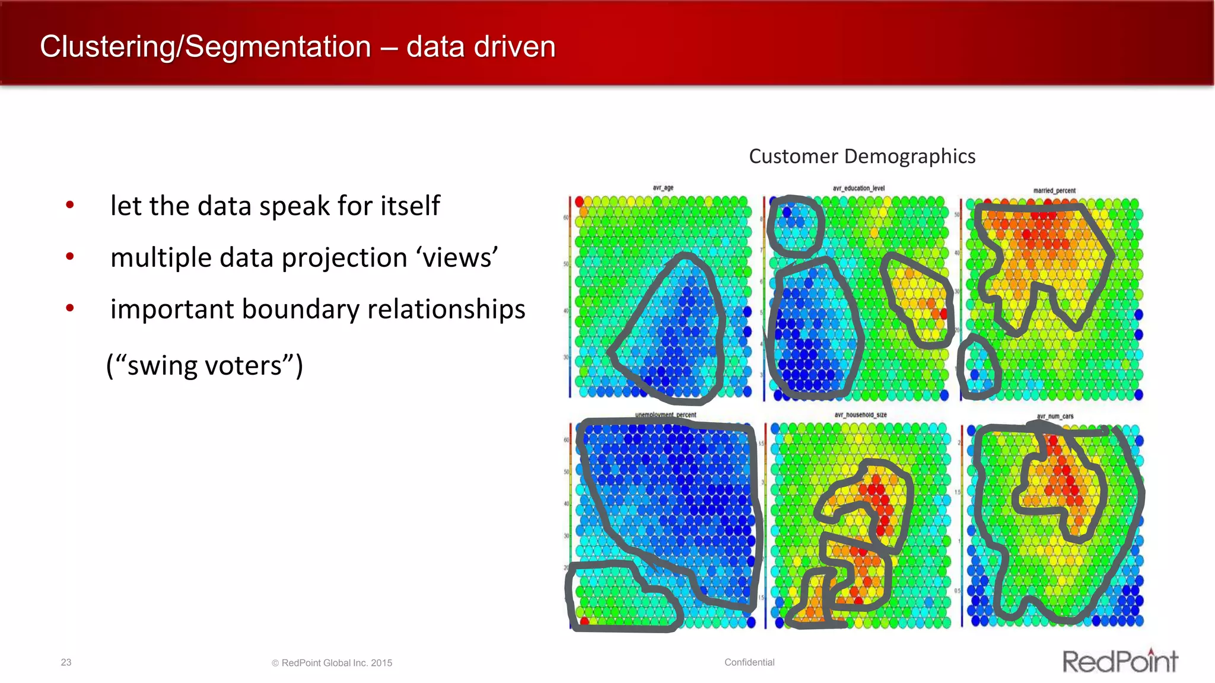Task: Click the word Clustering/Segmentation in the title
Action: pos(205,47)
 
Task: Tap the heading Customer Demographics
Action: pos(862,157)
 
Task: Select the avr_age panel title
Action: pos(663,188)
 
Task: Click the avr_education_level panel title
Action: pos(858,189)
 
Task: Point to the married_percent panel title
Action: pos(1054,191)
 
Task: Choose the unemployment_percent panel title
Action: pos(666,415)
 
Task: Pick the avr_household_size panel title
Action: pos(860,415)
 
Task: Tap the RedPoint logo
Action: pos(1119,661)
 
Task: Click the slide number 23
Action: pos(66,662)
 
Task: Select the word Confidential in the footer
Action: pos(749,662)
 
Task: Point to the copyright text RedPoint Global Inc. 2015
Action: pos(332,663)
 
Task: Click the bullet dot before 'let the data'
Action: pos(70,205)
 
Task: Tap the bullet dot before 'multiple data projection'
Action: pos(70,257)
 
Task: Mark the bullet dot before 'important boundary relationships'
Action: pos(70,308)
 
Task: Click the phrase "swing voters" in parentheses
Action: pos(205,365)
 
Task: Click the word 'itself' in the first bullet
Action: pos(410,206)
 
